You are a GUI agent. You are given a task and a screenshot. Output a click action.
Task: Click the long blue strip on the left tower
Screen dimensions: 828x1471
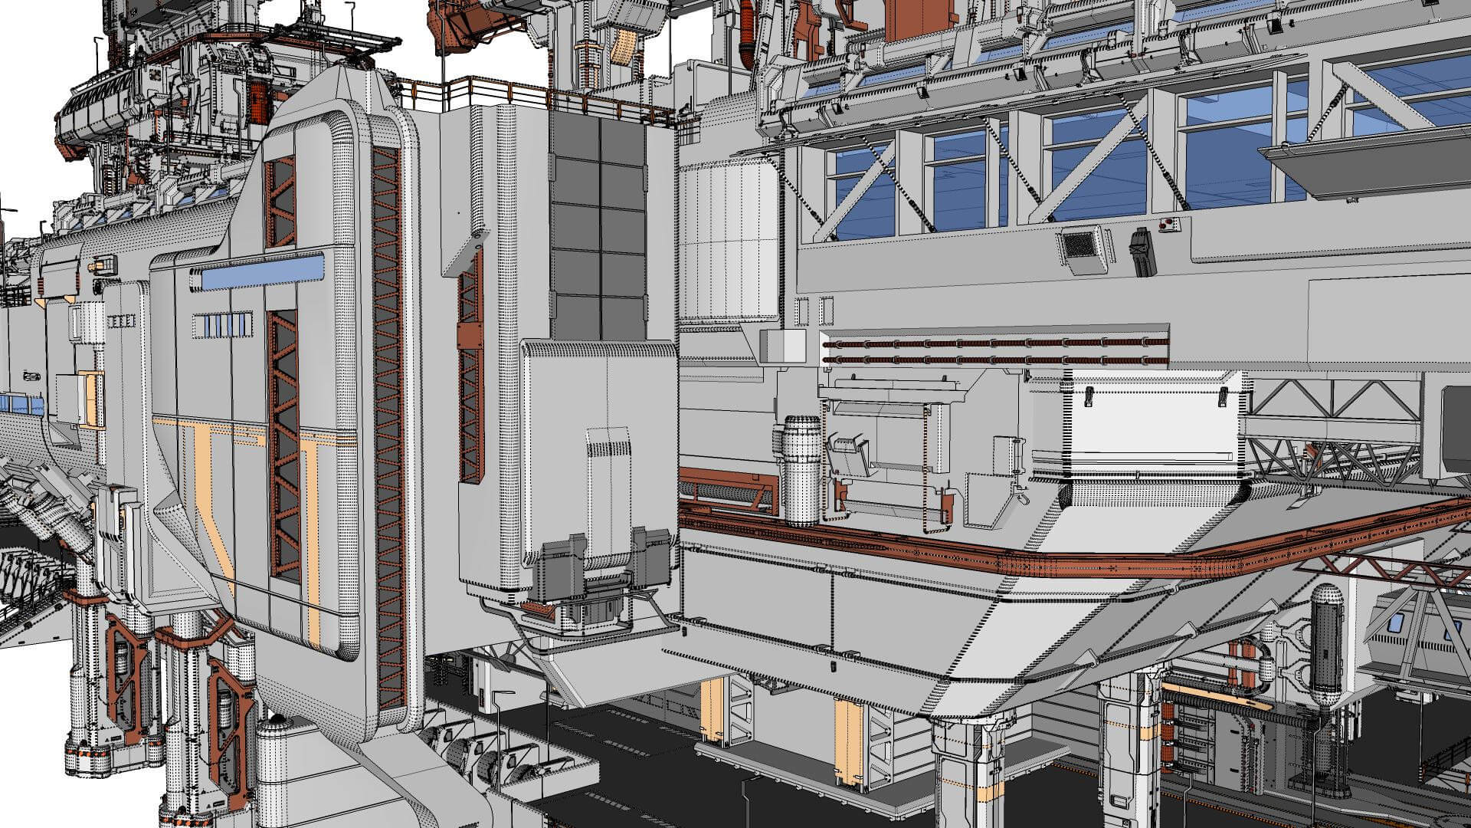(x=262, y=272)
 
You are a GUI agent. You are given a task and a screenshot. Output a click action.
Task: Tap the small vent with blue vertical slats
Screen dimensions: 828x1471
(x=222, y=325)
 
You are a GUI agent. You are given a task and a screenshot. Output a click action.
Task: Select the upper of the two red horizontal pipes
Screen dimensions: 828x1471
(x=996, y=343)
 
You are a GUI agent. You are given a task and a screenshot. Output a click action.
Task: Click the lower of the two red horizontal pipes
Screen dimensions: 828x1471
(x=996, y=359)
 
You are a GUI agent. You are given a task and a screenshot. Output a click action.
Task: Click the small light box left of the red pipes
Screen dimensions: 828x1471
(x=781, y=346)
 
